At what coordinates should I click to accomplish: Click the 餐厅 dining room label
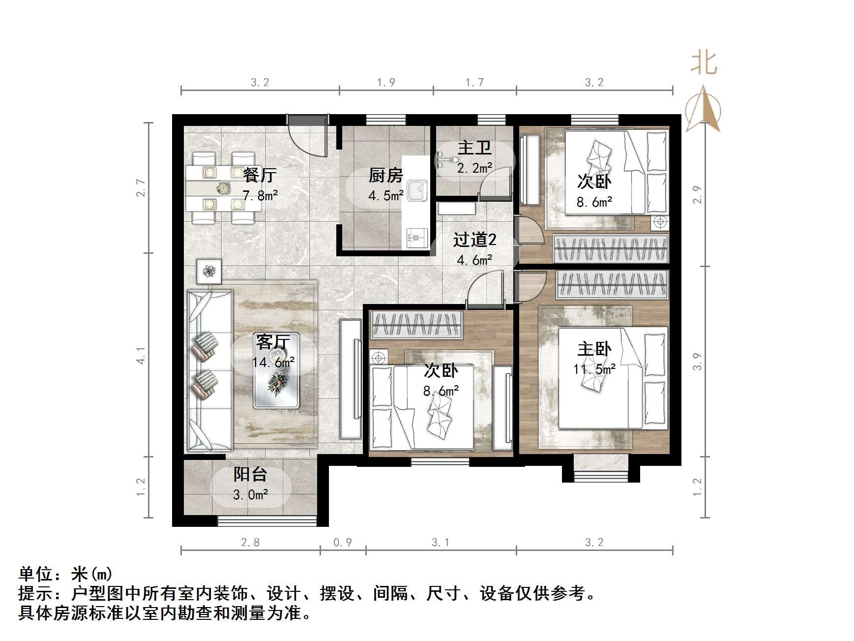click(x=260, y=175)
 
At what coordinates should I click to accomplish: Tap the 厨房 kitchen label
click(x=386, y=175)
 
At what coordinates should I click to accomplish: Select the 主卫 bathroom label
click(x=474, y=148)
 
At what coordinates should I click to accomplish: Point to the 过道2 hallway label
click(x=474, y=240)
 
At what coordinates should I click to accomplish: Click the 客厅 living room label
click(x=273, y=341)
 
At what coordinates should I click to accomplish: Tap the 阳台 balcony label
click(x=250, y=474)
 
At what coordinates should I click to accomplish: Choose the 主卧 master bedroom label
click(x=594, y=349)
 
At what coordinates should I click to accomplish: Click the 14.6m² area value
click(x=273, y=363)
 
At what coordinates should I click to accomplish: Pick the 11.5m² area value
click(x=594, y=369)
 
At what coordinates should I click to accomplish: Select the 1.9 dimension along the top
click(x=386, y=82)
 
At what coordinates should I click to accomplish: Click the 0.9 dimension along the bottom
click(x=343, y=542)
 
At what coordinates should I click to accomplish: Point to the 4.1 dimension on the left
click(x=141, y=355)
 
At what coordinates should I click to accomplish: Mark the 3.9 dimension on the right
click(x=697, y=362)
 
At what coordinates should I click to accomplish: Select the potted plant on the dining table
click(x=224, y=187)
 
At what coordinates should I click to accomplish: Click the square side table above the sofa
click(x=209, y=271)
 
